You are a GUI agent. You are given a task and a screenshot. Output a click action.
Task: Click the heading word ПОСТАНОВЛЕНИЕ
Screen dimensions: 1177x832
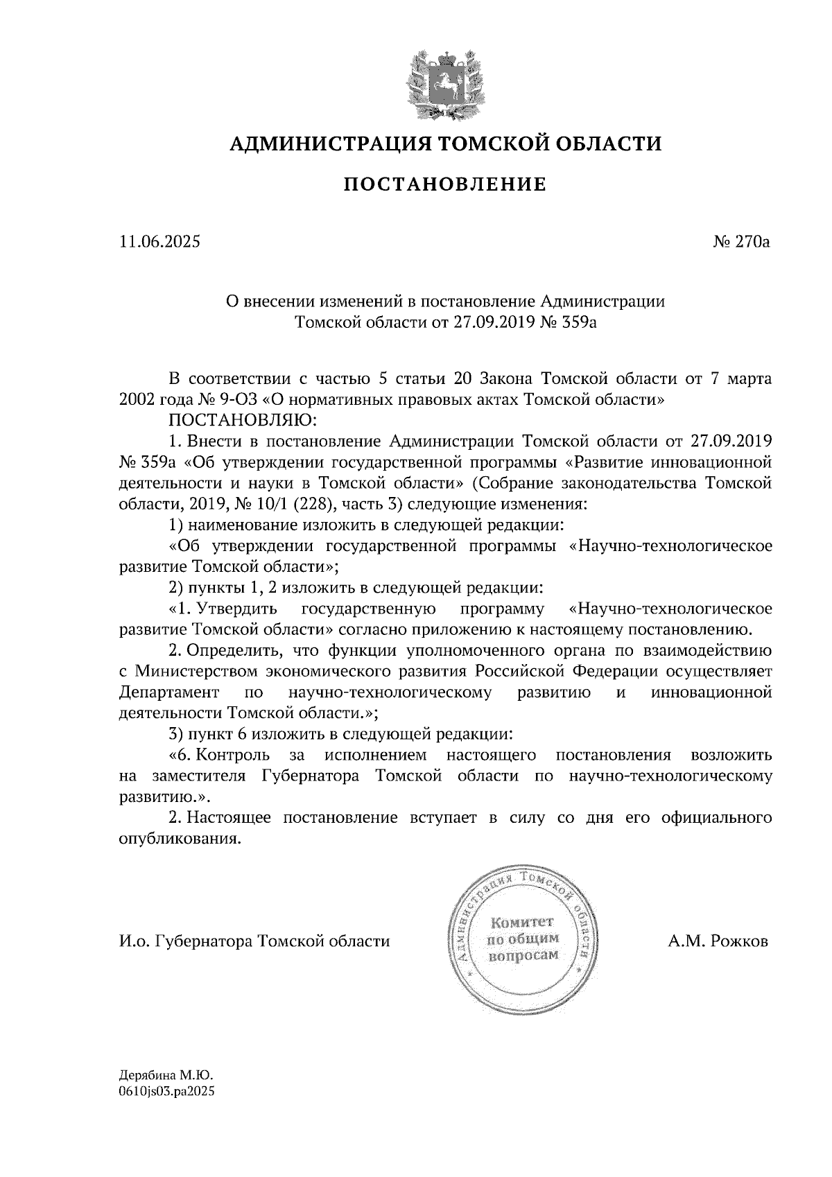[445, 185]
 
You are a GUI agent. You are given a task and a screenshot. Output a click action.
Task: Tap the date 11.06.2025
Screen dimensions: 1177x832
[159, 242]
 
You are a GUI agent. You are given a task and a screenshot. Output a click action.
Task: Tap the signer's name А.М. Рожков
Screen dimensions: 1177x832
[718, 941]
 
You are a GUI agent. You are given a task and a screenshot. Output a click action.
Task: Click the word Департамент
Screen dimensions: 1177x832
[169, 692]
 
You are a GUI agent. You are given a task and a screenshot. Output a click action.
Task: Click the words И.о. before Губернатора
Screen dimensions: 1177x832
[135, 941]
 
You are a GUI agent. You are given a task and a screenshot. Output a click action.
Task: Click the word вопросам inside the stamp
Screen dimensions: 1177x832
[523, 955]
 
